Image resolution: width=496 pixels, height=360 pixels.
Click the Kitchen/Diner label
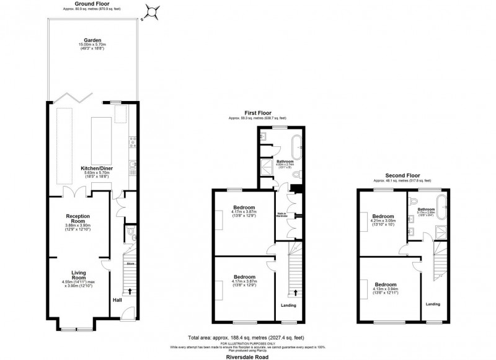click(92, 168)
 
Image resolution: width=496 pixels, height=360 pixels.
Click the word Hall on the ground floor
click(117, 301)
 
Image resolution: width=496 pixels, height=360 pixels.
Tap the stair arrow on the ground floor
click(130, 290)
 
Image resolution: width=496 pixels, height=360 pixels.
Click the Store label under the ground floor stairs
click(130, 263)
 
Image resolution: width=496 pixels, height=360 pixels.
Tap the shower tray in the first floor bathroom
click(266, 164)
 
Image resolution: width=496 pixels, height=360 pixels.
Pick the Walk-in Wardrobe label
click(281, 215)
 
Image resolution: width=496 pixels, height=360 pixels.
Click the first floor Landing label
click(288, 305)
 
